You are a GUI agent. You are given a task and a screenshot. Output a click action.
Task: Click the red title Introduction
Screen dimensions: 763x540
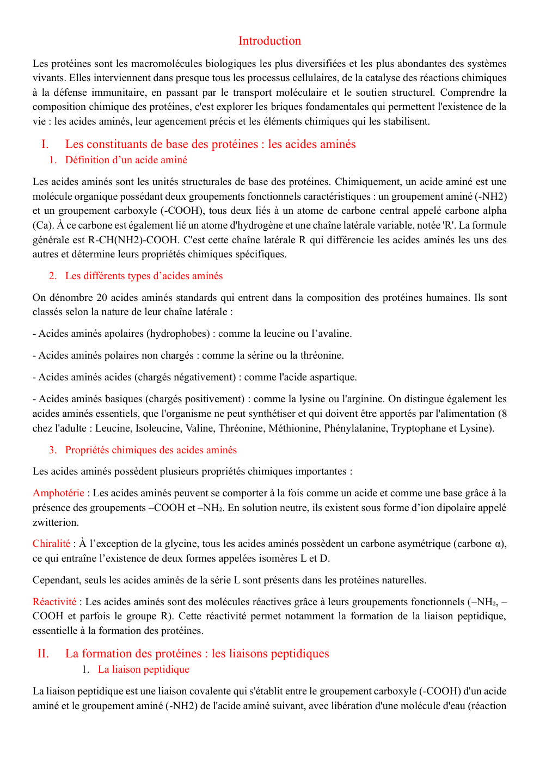[269, 41]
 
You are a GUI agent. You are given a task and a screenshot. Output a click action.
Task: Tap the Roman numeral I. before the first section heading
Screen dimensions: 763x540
[45, 144]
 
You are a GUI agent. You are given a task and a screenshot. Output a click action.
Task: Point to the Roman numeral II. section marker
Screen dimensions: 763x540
[43, 654]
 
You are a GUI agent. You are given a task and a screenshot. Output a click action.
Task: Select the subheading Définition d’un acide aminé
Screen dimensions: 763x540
[126, 160]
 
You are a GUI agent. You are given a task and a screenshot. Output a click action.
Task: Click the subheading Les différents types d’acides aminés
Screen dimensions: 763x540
[144, 276]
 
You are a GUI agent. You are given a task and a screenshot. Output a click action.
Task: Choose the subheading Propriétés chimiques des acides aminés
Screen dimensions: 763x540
[151, 450]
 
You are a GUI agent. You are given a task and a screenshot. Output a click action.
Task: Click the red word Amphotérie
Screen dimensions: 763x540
[58, 493]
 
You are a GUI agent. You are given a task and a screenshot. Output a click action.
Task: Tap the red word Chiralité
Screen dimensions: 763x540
[51, 544]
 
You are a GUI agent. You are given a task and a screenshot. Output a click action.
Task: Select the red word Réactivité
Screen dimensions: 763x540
[54, 602]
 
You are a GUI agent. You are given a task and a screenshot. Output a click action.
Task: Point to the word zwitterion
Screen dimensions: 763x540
[56, 522]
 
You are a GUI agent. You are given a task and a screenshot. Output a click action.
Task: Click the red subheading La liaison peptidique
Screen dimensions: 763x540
[144, 669]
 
